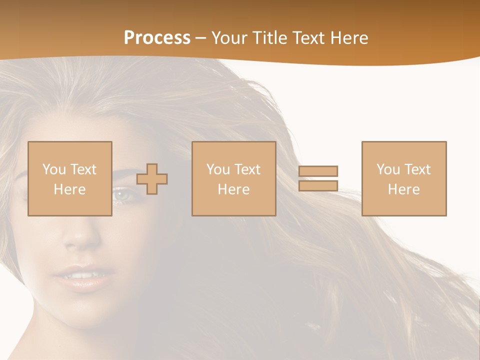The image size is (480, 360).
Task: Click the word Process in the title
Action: click(x=157, y=38)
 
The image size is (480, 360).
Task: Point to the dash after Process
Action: click(x=200, y=38)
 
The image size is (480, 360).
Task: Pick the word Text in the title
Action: click(x=308, y=38)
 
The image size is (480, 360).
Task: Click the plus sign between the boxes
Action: click(x=152, y=178)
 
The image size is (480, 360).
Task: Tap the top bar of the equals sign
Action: click(x=318, y=171)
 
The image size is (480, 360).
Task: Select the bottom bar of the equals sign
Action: click(x=318, y=185)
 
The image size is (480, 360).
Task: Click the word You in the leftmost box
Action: click(x=54, y=169)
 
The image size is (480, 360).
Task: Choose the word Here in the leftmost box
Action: click(x=69, y=189)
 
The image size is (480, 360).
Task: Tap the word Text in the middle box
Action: click(x=247, y=169)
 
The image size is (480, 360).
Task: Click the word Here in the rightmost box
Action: click(x=403, y=189)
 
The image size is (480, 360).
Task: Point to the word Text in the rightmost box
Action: click(x=417, y=169)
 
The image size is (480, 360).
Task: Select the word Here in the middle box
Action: click(x=233, y=189)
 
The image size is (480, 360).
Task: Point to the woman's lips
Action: click(x=83, y=276)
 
